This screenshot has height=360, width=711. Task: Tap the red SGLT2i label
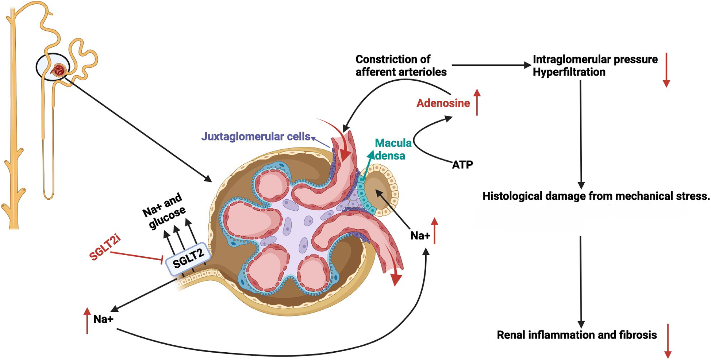[105, 248]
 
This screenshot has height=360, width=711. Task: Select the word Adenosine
[443, 103]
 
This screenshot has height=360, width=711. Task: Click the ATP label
[462, 165]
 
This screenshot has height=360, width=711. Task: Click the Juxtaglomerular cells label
[255, 137]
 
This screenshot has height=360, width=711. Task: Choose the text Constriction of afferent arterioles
[401, 66]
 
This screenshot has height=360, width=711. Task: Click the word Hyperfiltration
[569, 72]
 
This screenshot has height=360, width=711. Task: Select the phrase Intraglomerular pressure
[595, 60]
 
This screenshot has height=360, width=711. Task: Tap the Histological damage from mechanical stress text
[596, 196]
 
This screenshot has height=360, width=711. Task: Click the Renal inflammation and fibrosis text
[577, 335]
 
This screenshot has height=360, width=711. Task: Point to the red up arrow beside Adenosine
[477, 103]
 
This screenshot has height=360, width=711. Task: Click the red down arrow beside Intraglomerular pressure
[666, 70]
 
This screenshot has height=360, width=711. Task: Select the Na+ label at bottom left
[103, 319]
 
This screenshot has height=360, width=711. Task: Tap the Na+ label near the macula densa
[420, 236]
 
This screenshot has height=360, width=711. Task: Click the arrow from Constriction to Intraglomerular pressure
[491, 65]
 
